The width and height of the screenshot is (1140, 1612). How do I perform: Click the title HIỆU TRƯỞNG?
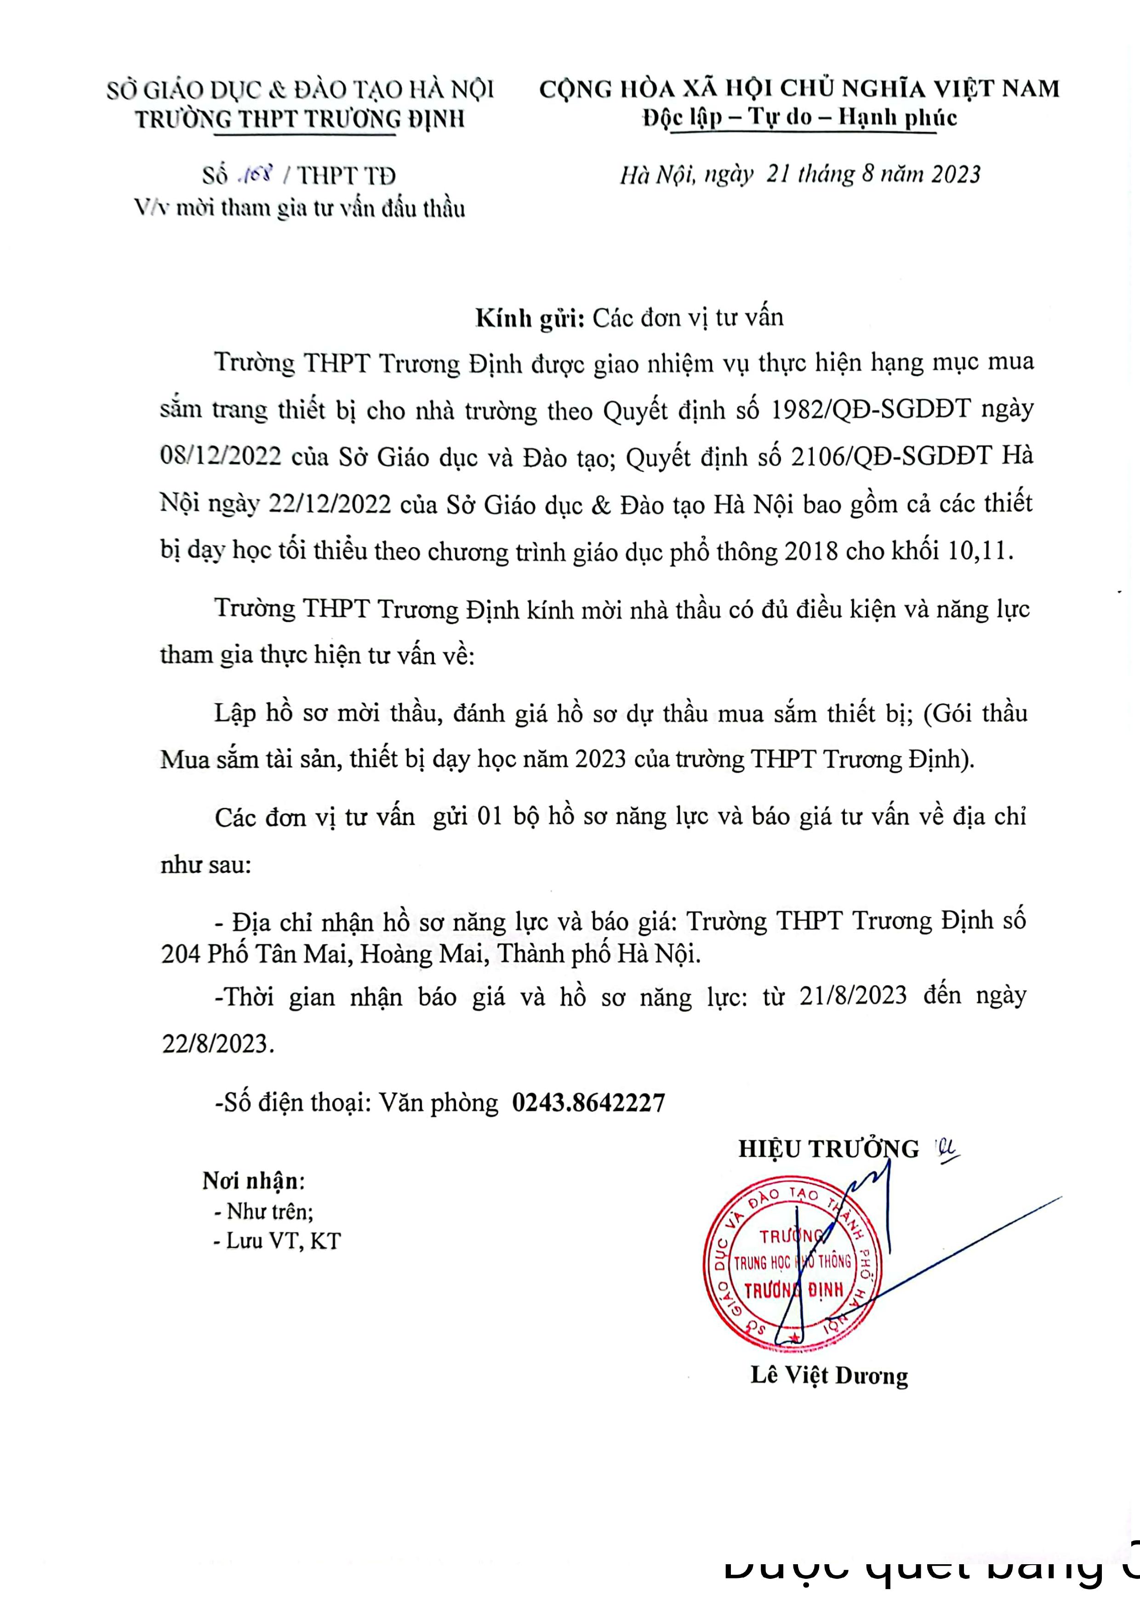[x=828, y=1149]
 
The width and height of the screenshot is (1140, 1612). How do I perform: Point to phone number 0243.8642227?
[x=588, y=1102]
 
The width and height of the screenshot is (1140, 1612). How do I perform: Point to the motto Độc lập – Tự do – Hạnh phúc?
[x=799, y=117]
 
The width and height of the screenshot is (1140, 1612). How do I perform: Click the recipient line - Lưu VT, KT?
[x=277, y=1241]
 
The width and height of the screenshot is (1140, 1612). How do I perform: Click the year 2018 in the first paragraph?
[x=811, y=551]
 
